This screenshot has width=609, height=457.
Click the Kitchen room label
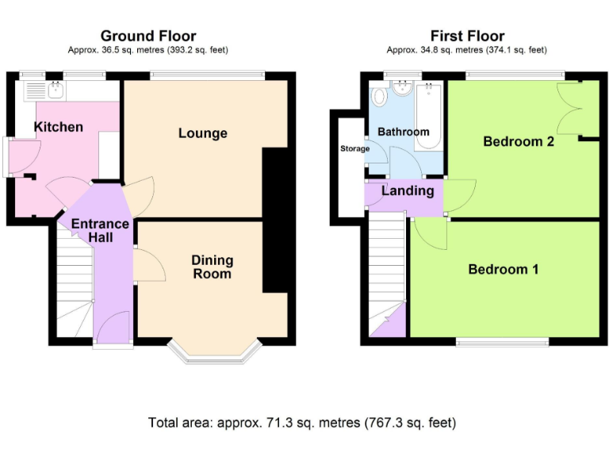(x=58, y=127)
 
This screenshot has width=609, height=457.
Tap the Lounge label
(x=202, y=133)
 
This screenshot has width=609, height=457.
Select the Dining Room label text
(x=212, y=267)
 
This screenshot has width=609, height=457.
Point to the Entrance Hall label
(x=100, y=230)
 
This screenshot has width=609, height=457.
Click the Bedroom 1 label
(x=503, y=270)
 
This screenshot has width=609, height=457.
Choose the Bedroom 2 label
(x=519, y=142)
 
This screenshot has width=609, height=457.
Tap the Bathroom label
(x=403, y=132)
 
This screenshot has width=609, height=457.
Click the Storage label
(x=354, y=148)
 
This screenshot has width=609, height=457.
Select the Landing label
(x=408, y=191)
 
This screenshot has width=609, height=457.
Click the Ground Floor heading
(x=148, y=36)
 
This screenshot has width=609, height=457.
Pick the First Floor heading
(x=467, y=36)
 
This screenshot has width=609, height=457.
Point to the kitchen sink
(x=57, y=90)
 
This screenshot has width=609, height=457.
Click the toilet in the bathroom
(x=379, y=97)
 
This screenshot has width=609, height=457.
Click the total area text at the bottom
(x=302, y=422)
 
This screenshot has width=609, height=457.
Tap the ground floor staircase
(x=73, y=286)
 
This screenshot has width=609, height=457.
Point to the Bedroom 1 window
(x=502, y=342)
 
